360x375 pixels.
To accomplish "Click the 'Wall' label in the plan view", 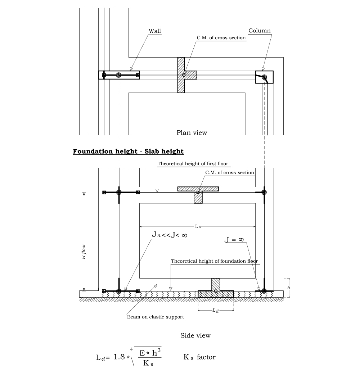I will tap(155, 31).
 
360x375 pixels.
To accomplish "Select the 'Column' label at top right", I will tap(259, 31).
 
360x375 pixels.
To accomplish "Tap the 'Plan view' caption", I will tap(192, 132).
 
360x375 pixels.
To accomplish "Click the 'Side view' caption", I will tap(195, 335).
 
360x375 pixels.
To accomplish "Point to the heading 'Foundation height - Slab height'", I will tap(128, 151).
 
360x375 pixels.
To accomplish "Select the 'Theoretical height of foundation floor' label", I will tap(215, 261).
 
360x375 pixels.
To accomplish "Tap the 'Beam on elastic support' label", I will tap(156, 317).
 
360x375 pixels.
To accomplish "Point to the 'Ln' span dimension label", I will tap(198, 226).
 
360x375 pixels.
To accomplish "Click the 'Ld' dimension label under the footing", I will tap(215, 310).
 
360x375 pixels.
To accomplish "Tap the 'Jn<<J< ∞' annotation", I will tap(170, 235).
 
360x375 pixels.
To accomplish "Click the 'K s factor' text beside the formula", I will tap(199, 357).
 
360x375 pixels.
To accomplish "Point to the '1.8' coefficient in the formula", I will tap(121, 357).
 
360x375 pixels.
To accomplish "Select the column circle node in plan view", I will tap(265, 77).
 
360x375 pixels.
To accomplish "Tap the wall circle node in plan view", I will tap(118, 75).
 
